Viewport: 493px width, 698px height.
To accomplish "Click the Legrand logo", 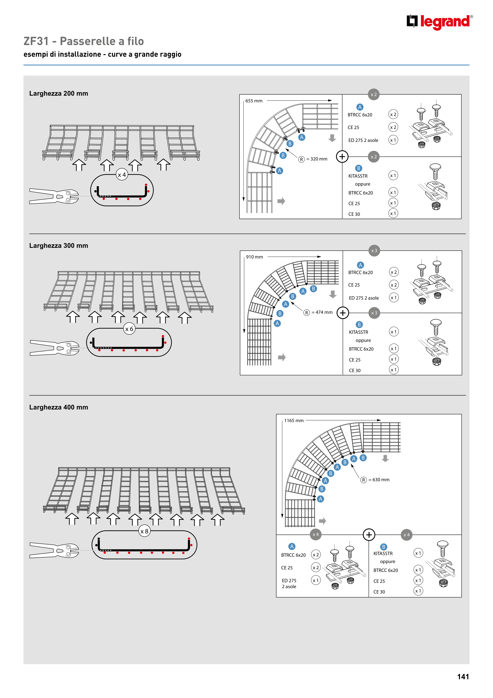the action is pos(439,22).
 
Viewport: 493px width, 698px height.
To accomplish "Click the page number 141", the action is pos(463,676).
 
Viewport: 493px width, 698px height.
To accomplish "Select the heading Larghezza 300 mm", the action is pos(59,246).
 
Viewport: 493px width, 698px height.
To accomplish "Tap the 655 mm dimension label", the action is pos(254,101).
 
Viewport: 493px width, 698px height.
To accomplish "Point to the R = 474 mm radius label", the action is pos(318,312).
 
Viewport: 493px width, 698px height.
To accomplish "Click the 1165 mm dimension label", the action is pos(294,421).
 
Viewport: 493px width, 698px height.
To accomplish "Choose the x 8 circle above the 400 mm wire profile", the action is pos(144,531).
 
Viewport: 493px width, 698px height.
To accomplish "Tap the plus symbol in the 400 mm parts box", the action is pos(369,535).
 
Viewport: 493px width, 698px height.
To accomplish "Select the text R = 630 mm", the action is pos(375,480).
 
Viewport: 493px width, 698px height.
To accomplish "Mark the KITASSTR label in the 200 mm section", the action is pos(358,176).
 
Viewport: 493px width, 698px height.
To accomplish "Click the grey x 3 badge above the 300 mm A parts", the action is pos(374,251).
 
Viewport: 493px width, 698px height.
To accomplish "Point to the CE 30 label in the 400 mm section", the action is pos(379,592).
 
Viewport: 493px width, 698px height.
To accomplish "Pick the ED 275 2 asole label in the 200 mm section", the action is pos(363,140).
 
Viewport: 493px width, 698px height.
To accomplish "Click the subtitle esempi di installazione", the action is pos(62,54).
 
